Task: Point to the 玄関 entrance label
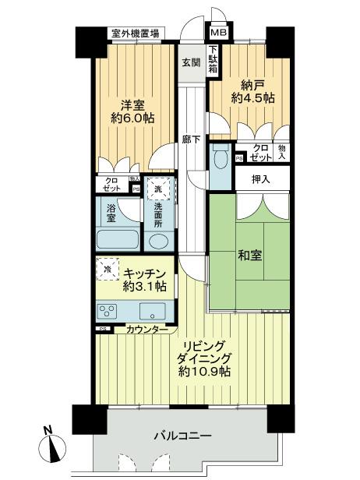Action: click(190, 62)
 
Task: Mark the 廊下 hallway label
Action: click(189, 140)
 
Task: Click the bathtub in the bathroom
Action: click(117, 240)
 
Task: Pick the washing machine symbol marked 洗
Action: click(159, 189)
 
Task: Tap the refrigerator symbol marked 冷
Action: click(107, 269)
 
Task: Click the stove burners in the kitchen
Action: click(108, 312)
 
